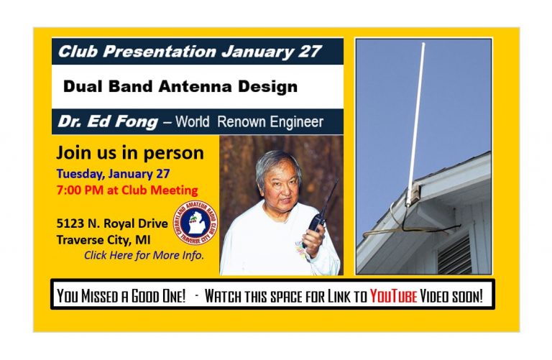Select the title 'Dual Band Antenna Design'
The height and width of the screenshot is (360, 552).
[180, 87]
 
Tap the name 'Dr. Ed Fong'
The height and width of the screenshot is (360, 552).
[108, 121]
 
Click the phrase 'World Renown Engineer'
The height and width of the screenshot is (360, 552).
[249, 122]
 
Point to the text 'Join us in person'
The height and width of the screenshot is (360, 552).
[129, 153]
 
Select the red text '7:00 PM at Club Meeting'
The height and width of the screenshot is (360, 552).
[126, 190]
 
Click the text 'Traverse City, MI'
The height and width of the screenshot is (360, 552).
[103, 239]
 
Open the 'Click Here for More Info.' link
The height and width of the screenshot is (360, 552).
[144, 255]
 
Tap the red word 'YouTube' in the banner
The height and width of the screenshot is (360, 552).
[393, 296]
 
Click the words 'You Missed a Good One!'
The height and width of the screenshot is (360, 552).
[122, 296]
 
